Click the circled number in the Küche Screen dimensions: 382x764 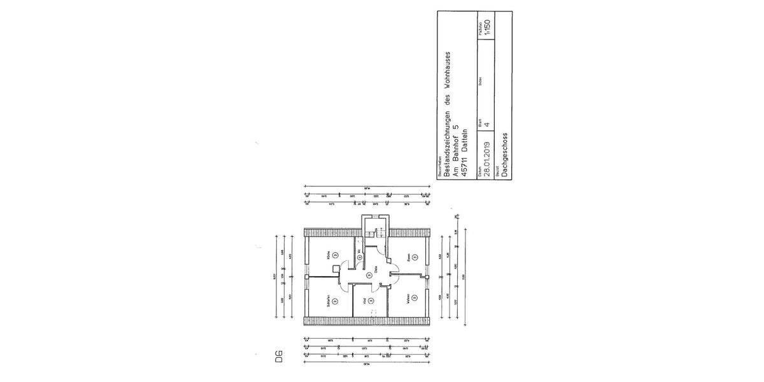(x=335, y=255)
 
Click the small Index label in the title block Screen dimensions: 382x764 (x=479, y=80)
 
